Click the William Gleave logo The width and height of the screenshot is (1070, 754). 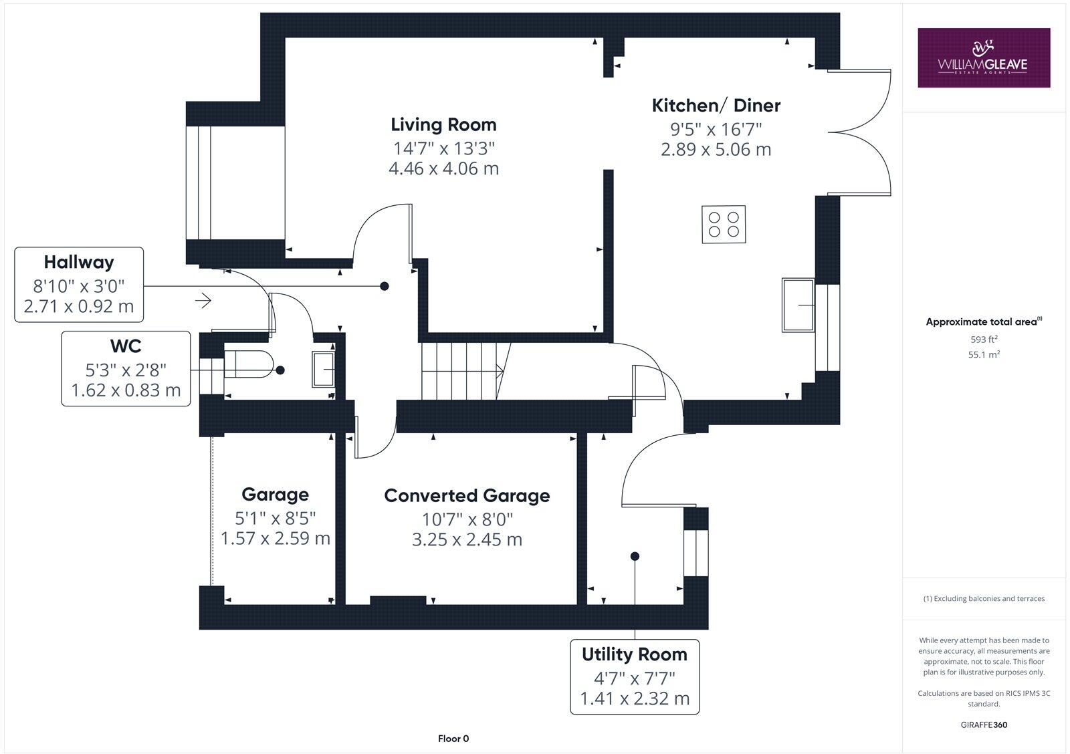pyautogui.click(x=983, y=57)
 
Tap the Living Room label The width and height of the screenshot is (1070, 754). pyautogui.click(x=443, y=124)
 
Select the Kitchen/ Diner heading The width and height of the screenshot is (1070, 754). pyautogui.click(x=716, y=105)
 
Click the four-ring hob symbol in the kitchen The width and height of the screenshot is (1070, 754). pyautogui.click(x=724, y=225)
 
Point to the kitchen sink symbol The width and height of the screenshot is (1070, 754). pyautogui.click(x=798, y=305)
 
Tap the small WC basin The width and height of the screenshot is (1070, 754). pyautogui.click(x=323, y=369)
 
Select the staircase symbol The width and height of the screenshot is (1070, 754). pyautogui.click(x=461, y=370)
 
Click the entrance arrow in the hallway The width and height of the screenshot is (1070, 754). pyautogui.click(x=203, y=301)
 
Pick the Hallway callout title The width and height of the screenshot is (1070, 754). pyautogui.click(x=79, y=262)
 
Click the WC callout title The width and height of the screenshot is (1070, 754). pyautogui.click(x=126, y=346)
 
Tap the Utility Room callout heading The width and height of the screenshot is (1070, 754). pyautogui.click(x=634, y=654)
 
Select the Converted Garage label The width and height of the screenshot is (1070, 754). pyautogui.click(x=467, y=495)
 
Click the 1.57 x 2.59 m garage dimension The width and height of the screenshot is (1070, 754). pyautogui.click(x=276, y=539)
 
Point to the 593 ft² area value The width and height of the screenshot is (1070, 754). pyautogui.click(x=984, y=339)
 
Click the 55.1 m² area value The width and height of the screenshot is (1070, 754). pyautogui.click(x=984, y=355)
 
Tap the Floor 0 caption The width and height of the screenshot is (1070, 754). pyautogui.click(x=453, y=739)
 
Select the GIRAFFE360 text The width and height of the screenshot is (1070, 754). pyautogui.click(x=984, y=725)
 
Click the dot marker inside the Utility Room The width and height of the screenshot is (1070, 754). pyautogui.click(x=635, y=556)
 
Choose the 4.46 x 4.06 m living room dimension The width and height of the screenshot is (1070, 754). pyautogui.click(x=443, y=168)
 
